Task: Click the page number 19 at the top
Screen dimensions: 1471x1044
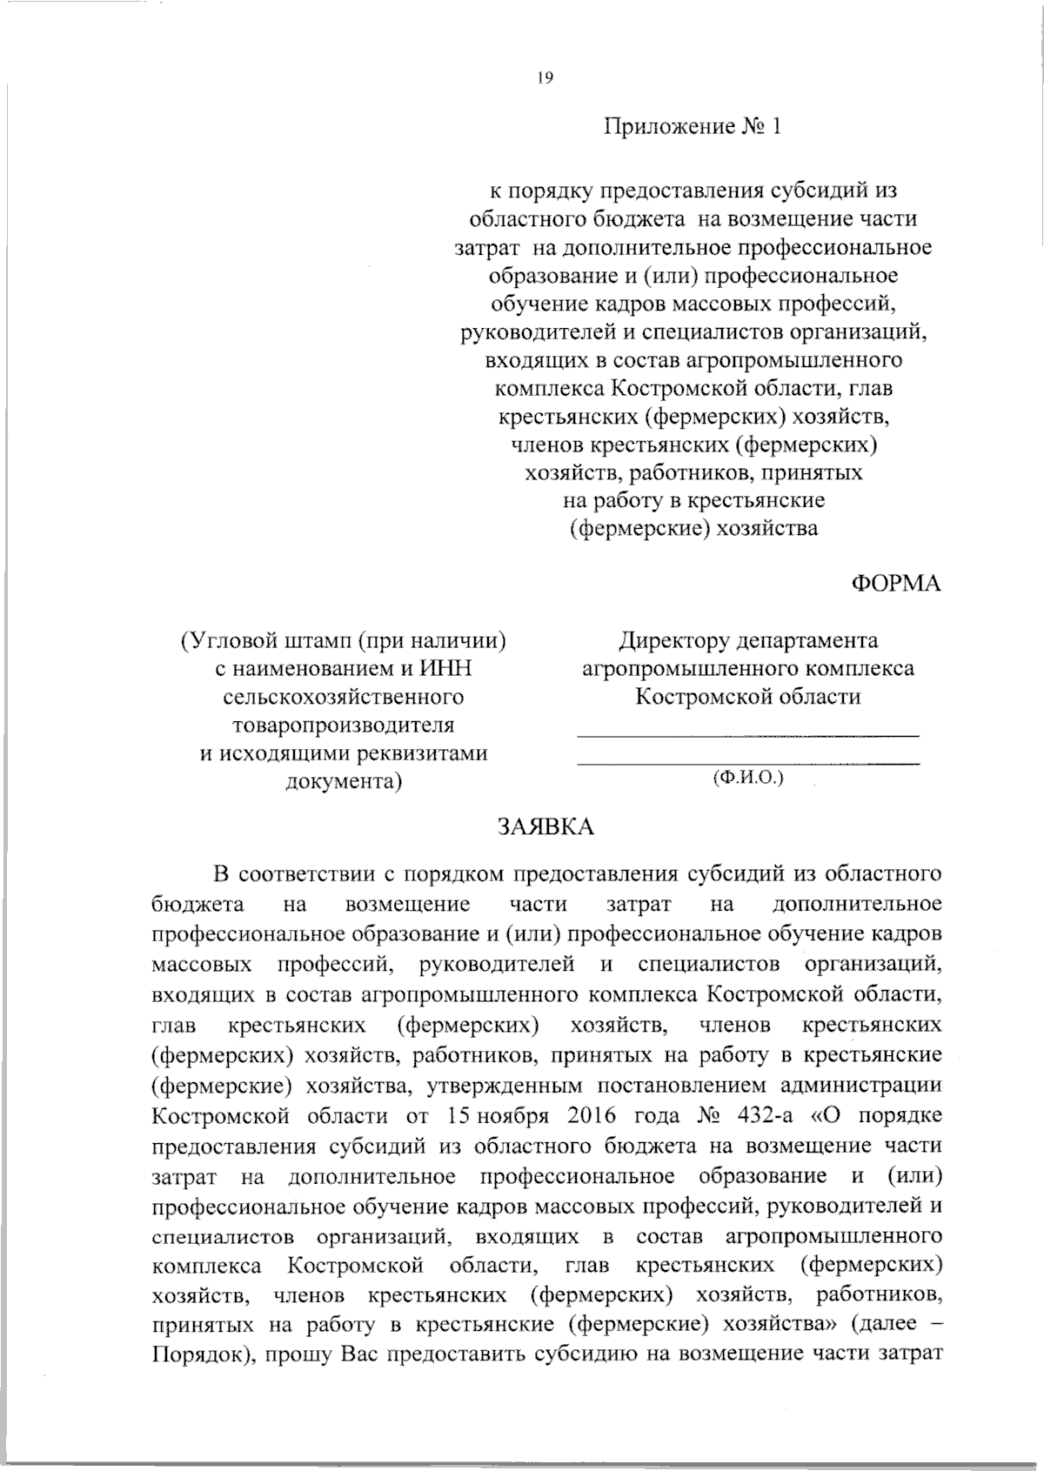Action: click(x=545, y=77)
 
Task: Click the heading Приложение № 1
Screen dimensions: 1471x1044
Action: click(x=693, y=127)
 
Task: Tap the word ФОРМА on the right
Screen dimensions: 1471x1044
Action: click(x=895, y=584)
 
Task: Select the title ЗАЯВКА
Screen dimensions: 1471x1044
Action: click(x=546, y=826)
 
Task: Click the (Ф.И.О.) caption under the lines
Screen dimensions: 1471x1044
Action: click(x=748, y=776)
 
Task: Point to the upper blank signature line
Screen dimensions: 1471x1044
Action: click(x=748, y=736)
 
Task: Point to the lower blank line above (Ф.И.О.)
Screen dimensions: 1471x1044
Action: click(x=748, y=763)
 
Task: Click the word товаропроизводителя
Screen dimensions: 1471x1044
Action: click(x=344, y=725)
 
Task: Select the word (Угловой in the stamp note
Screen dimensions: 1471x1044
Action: click(x=230, y=641)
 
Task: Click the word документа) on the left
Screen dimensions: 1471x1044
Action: click(x=344, y=780)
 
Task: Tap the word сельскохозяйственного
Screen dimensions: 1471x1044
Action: click(x=344, y=697)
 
